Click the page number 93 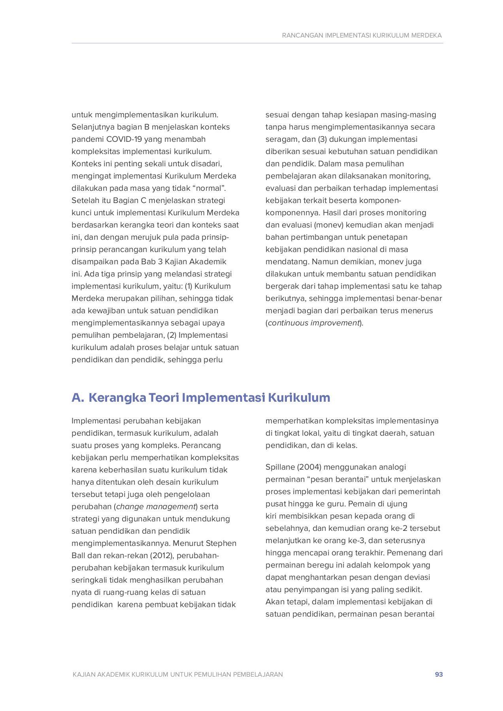(x=439, y=674)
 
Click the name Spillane (x=280, y=467)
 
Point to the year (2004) (x=309, y=467)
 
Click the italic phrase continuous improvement (x=314, y=323)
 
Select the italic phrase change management (x=156, y=507)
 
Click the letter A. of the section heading (x=78, y=397)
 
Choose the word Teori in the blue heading (x=164, y=397)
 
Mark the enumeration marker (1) (x=188, y=286)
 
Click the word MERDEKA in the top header (x=426, y=36)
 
